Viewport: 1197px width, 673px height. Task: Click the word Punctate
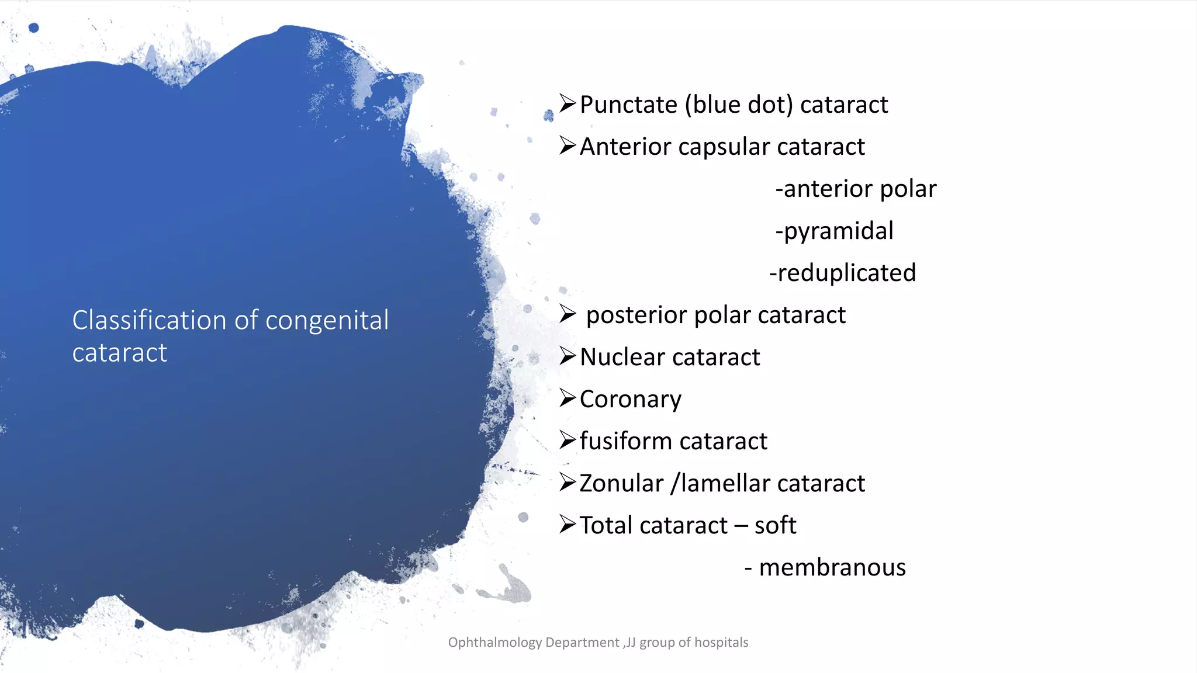pos(628,105)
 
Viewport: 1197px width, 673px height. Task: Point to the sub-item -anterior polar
pos(856,189)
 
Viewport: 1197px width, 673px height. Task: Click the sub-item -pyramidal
pos(834,231)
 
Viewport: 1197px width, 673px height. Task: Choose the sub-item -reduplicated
pos(842,273)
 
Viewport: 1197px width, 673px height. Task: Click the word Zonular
pos(621,484)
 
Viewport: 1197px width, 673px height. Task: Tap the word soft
pos(775,526)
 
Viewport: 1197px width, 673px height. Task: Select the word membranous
pos(832,568)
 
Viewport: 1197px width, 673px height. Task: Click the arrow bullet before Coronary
pos(568,398)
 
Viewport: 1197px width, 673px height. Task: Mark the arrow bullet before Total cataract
pos(568,525)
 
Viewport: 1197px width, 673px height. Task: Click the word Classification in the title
pos(149,321)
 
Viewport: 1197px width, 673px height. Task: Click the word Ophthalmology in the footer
pos(494,643)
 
